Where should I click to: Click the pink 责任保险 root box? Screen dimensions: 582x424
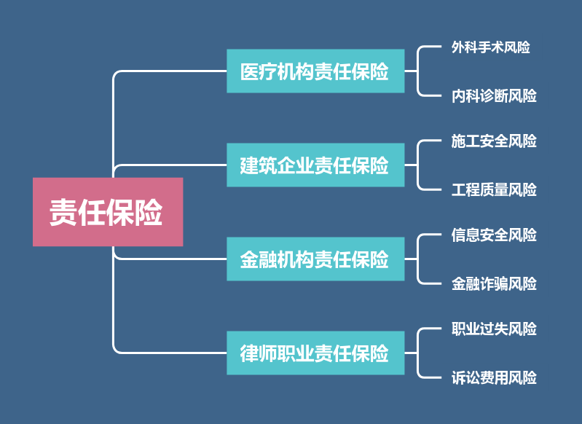pyautogui.click(x=108, y=211)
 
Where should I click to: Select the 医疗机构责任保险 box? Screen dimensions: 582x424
pyautogui.click(x=315, y=71)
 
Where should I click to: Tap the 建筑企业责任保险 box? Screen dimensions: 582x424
pyautogui.click(x=315, y=165)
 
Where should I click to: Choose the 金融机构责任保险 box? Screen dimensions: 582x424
pyautogui.click(x=315, y=259)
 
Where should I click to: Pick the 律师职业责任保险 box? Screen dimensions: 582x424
pyautogui.click(x=315, y=353)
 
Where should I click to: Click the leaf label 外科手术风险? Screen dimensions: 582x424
pyautogui.click(x=491, y=47)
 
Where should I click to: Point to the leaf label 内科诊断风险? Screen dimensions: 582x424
pyautogui.click(x=494, y=95)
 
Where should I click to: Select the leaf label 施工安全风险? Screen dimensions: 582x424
pyautogui.click(x=494, y=141)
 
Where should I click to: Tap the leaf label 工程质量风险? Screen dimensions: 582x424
pyautogui.click(x=494, y=189)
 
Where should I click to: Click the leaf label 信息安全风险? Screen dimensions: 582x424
pyautogui.click(x=494, y=235)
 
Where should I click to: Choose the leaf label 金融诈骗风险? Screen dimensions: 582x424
pyautogui.click(x=494, y=283)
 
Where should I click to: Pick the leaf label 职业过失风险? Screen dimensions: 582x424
pyautogui.click(x=494, y=329)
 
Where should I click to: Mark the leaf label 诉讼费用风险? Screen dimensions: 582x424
pyautogui.click(x=494, y=378)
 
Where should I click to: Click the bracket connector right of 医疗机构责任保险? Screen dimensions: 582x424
pyautogui.click(x=417, y=71)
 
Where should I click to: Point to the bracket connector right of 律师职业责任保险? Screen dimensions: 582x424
pyautogui.click(x=417, y=353)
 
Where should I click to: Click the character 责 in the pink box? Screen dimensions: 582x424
pyautogui.click(x=63, y=212)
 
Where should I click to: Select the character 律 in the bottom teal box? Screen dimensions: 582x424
pyautogui.click(x=249, y=353)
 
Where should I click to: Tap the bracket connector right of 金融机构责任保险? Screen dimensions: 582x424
pyautogui.click(x=417, y=259)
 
